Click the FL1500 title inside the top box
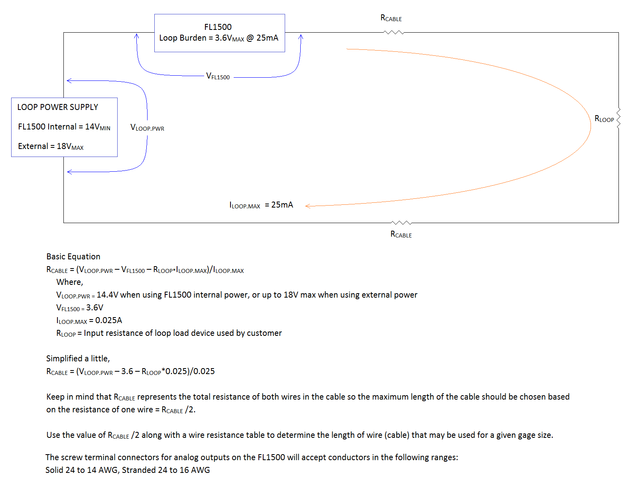coord(218,27)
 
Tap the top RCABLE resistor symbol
coord(394,33)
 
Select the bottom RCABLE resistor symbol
coord(401,223)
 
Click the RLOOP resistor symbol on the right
coord(618,118)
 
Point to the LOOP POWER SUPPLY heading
coord(57,107)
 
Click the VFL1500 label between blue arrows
coord(218,76)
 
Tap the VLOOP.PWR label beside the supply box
coord(147,128)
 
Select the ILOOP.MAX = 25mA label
coord(261,205)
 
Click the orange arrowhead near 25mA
coord(307,206)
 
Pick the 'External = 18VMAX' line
coord(51,147)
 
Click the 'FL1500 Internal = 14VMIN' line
coord(64,127)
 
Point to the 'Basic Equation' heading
coord(73,257)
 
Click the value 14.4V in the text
coord(107,295)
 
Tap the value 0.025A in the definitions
coord(108,320)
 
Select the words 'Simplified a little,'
coord(78,359)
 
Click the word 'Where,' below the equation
coord(70,282)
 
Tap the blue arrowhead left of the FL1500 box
coord(136,36)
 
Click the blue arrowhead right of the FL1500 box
coord(301,37)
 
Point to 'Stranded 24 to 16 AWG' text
coord(166,470)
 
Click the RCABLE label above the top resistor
coord(391,18)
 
